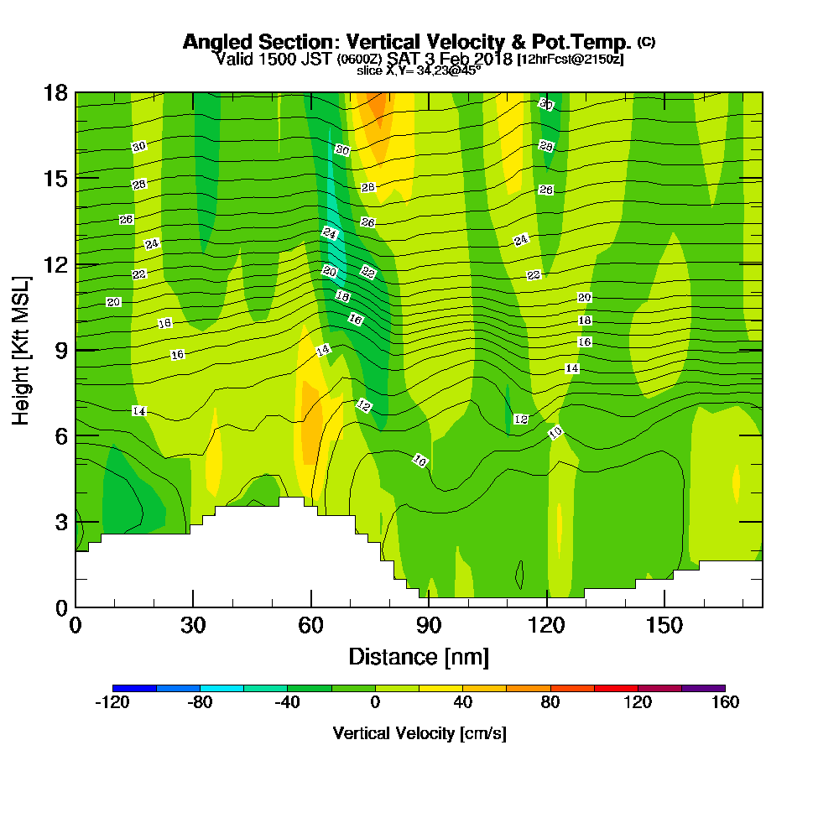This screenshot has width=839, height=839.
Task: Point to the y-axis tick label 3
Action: tap(60, 521)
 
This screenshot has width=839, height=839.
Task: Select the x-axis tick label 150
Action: tap(664, 626)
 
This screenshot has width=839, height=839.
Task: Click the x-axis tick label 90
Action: tap(429, 626)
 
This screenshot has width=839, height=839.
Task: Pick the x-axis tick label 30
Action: tap(193, 626)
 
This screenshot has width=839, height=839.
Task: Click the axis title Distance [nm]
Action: tap(419, 656)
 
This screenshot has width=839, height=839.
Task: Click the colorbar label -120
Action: tap(112, 703)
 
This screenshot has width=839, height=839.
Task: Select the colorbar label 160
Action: tap(725, 703)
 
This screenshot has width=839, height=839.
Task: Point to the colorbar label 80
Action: tap(550, 703)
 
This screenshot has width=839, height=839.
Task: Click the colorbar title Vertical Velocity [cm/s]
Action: tap(419, 733)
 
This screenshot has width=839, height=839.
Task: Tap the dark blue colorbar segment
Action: tap(134, 688)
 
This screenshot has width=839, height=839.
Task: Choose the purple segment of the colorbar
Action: tap(703, 688)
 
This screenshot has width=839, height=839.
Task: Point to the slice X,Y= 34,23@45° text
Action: tap(419, 70)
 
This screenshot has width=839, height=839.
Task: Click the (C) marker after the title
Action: tap(646, 41)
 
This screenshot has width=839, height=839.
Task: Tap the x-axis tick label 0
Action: tap(76, 626)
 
